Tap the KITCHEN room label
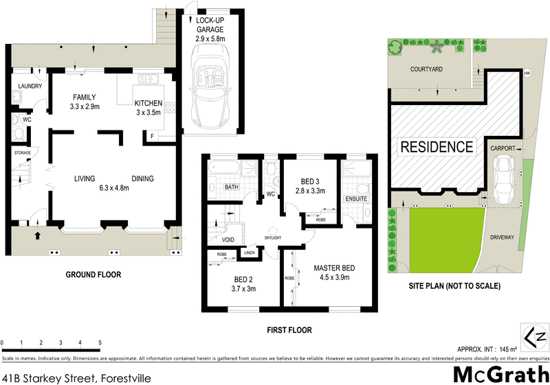pos(148,104)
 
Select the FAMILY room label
pos(85,97)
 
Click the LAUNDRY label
pos(30,86)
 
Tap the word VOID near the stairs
pos(229,240)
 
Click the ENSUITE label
pos(357,200)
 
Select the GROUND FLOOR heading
pos(93,275)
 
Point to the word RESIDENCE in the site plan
pos(437,146)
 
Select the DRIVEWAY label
pos(502,237)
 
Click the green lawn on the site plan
pos(440,237)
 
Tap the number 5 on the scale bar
pos(100,342)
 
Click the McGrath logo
pos(501,375)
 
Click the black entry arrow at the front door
pos(38,235)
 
